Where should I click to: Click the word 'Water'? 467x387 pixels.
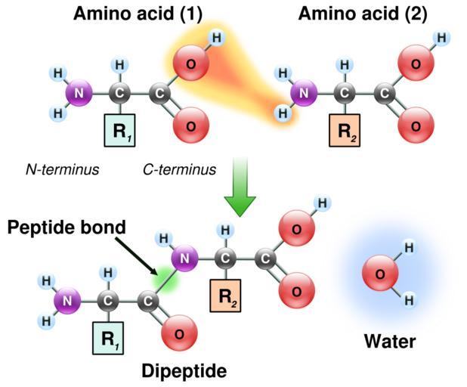[390, 342]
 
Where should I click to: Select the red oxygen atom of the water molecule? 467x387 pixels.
[381, 274]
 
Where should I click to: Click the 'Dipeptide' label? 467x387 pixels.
[184, 371]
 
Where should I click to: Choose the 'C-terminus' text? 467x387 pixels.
[179, 169]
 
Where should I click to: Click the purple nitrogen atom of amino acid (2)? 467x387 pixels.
[304, 94]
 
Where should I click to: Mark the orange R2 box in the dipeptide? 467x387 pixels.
[224, 296]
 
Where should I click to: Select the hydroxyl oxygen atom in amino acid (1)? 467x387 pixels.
[190, 63]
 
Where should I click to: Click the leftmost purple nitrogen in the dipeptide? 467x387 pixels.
[67, 301]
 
